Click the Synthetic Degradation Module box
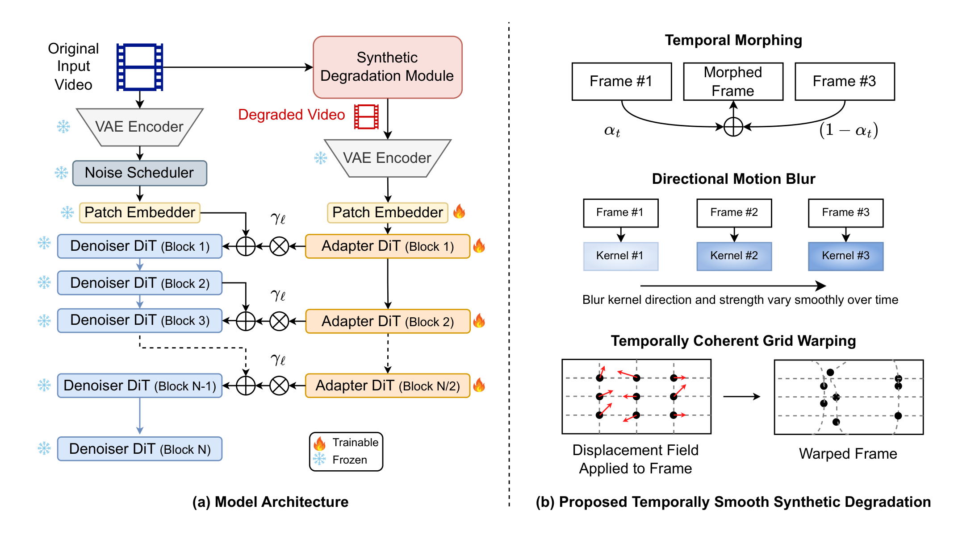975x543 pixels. tap(387, 67)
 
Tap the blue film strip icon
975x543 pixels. tap(140, 67)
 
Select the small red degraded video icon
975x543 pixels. tap(366, 116)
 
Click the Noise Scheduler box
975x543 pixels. tap(139, 173)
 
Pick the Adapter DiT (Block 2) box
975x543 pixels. tap(387, 321)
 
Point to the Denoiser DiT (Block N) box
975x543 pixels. tap(139, 449)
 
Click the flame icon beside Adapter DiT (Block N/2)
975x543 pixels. tap(479, 385)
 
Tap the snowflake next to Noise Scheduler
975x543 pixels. tap(61, 173)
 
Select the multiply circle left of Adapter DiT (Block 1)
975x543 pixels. tap(279, 246)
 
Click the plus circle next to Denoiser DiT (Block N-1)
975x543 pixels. tap(246, 385)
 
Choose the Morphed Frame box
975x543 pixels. tap(733, 81)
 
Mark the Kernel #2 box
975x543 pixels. tap(734, 256)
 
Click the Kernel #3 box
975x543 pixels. tap(845, 256)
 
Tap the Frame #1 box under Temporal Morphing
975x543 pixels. tap(621, 81)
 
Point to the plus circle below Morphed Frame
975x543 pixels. tap(733, 127)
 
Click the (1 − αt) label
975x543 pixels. tap(848, 130)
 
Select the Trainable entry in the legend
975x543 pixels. tap(346, 443)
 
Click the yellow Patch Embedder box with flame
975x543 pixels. tap(387, 212)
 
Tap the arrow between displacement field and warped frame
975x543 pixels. tap(741, 396)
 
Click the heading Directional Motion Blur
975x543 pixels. tap(733, 179)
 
